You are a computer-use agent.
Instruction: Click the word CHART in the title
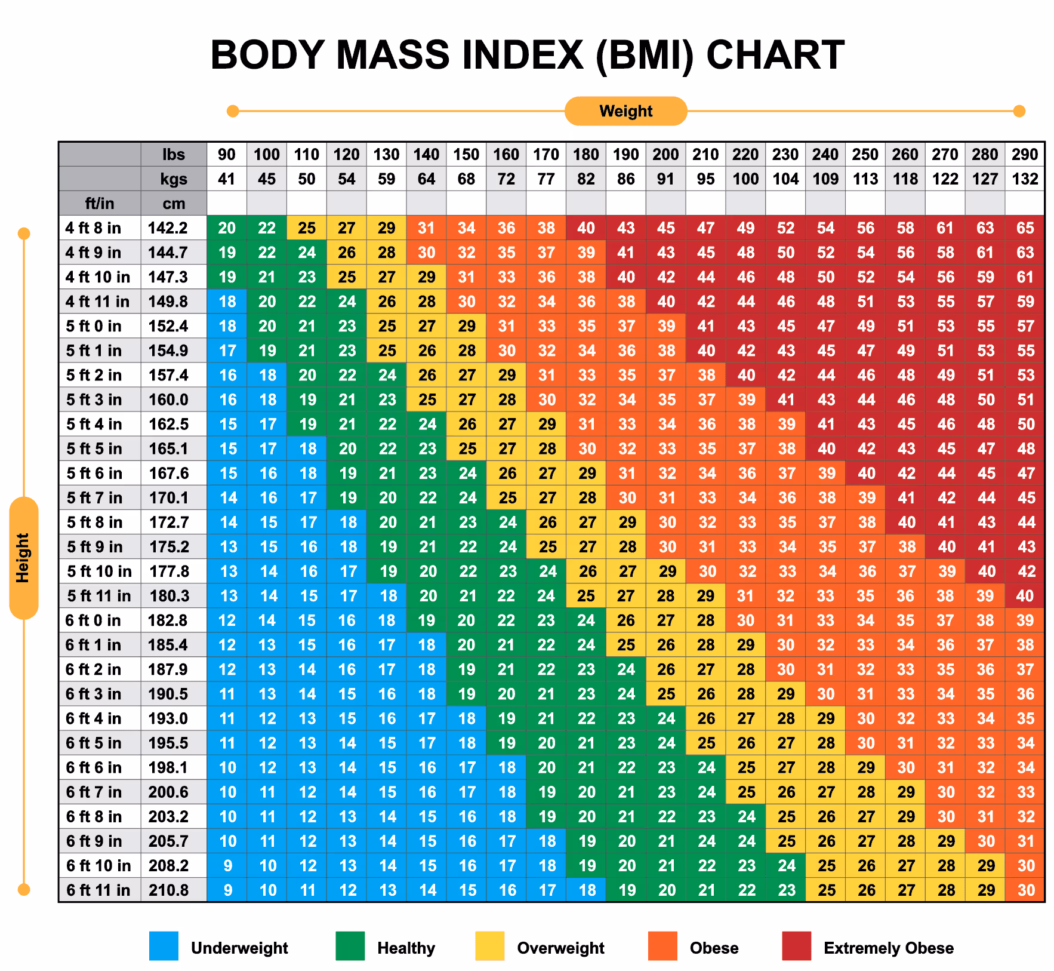pyautogui.click(x=775, y=55)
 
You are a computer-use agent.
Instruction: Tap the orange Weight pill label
pyautogui.click(x=625, y=111)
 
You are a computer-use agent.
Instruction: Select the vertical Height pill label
pyautogui.click(x=23, y=558)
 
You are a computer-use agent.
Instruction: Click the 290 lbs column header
pyautogui.click(x=1025, y=155)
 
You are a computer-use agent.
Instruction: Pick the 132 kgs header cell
pyautogui.click(x=1025, y=179)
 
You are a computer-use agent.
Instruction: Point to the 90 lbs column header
pyautogui.click(x=227, y=155)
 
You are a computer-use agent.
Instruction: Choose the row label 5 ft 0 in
pyautogui.click(x=94, y=326)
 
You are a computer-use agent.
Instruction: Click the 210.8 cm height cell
pyautogui.click(x=169, y=890)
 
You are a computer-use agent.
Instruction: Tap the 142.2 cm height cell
pyautogui.click(x=168, y=228)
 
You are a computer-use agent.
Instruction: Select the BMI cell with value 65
pyautogui.click(x=1025, y=228)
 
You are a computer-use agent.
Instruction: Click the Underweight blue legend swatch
pyautogui.click(x=164, y=946)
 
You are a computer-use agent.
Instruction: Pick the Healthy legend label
pyautogui.click(x=406, y=948)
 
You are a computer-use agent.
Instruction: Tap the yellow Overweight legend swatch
pyautogui.click(x=489, y=946)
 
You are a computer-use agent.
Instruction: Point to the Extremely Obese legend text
pyautogui.click(x=888, y=948)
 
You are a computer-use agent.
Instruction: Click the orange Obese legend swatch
pyautogui.click(x=662, y=946)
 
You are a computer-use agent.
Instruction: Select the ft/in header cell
pyautogui.click(x=100, y=204)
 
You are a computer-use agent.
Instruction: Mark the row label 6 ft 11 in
pyautogui.click(x=98, y=890)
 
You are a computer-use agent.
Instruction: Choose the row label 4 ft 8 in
pyautogui.click(x=94, y=228)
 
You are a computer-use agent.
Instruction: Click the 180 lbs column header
pyautogui.click(x=586, y=155)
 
